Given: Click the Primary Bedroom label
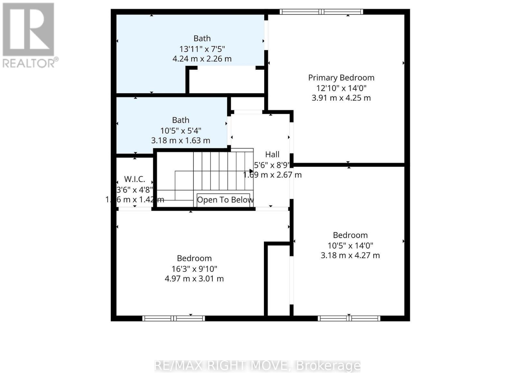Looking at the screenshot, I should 341,78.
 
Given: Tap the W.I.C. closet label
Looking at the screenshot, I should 135,179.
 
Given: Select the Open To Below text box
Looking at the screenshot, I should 224,200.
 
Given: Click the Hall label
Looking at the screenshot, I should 272,154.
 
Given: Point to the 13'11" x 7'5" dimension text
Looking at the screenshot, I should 202,49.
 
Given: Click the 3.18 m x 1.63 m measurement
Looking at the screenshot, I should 181,141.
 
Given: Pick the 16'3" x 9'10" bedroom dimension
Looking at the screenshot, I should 194,269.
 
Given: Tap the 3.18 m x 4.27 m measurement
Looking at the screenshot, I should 350,255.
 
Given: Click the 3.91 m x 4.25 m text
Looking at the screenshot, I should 341,98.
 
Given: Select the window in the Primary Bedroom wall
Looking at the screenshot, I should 321,12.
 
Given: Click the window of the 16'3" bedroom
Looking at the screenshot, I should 173,318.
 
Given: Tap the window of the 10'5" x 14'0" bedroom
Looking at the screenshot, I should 349,318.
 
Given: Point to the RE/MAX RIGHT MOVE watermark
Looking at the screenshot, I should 257,366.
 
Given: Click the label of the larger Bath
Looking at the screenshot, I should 202,38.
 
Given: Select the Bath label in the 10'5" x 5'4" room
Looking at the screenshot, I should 181,120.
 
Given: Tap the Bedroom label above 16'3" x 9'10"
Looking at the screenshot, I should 194,258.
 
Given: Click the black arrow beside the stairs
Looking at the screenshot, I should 251,171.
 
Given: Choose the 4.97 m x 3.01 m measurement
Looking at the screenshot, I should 194,279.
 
